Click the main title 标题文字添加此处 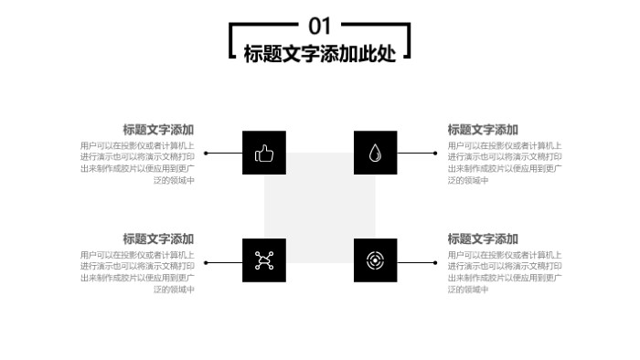[319, 54]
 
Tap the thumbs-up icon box [264, 153]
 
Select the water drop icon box [375, 153]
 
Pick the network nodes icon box [264, 260]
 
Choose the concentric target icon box [375, 260]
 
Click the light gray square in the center [320, 206]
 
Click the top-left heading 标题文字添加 [158, 130]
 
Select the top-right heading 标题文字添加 [483, 130]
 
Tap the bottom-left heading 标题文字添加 [158, 238]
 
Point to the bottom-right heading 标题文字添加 [483, 238]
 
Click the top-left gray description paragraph [137, 163]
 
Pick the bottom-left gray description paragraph [137, 271]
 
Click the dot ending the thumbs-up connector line [206, 154]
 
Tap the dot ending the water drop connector [435, 154]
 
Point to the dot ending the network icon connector [206, 262]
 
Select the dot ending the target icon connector [435, 262]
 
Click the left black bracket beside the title [233, 41]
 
